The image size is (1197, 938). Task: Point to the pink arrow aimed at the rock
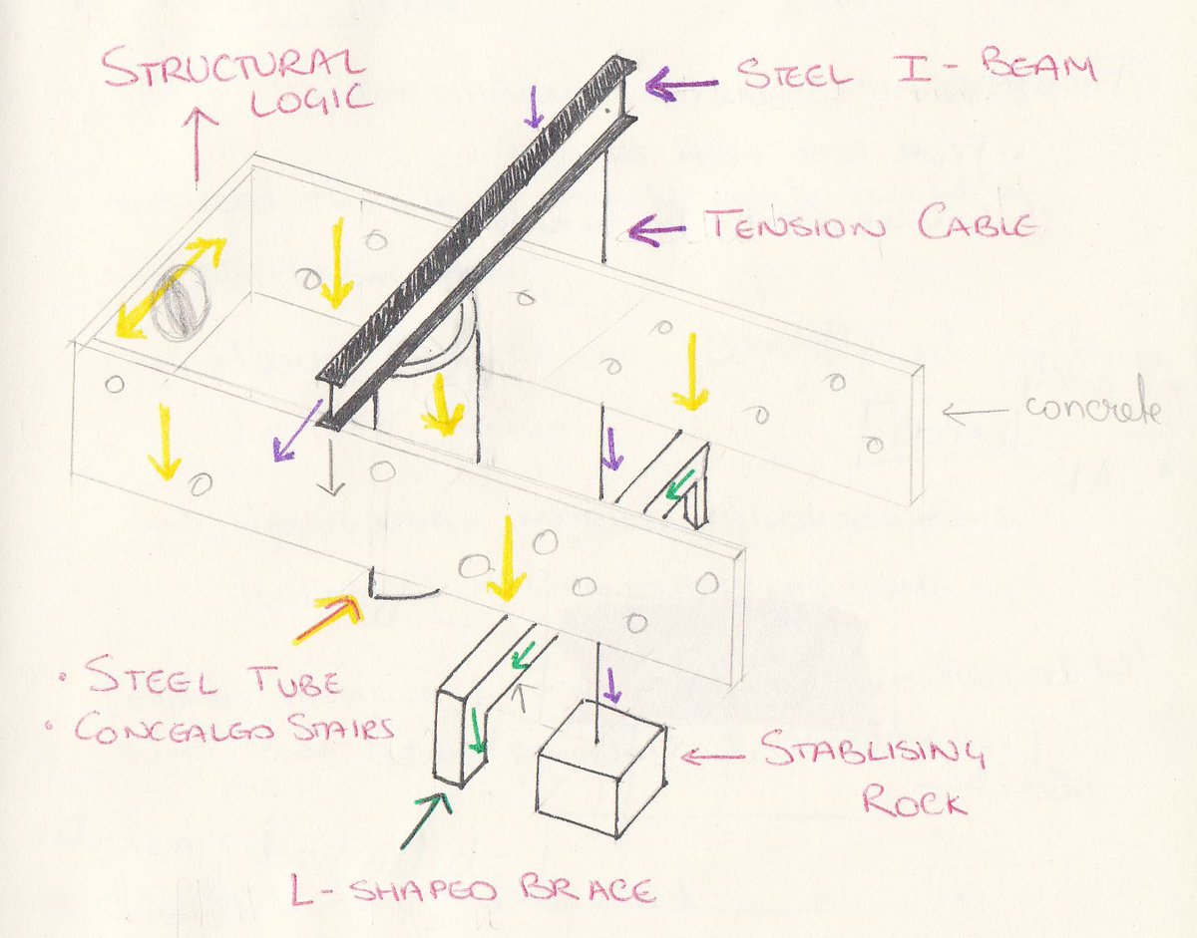[712, 759]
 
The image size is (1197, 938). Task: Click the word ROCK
[915, 800]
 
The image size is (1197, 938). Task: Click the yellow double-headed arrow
[169, 288]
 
